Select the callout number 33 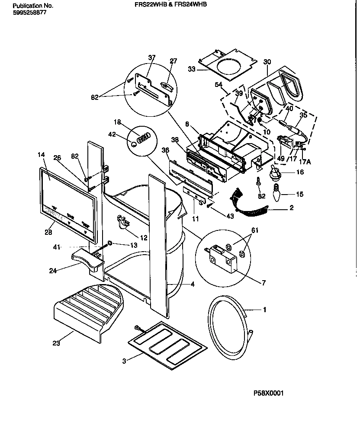pos(192,69)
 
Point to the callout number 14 pos(41,154)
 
